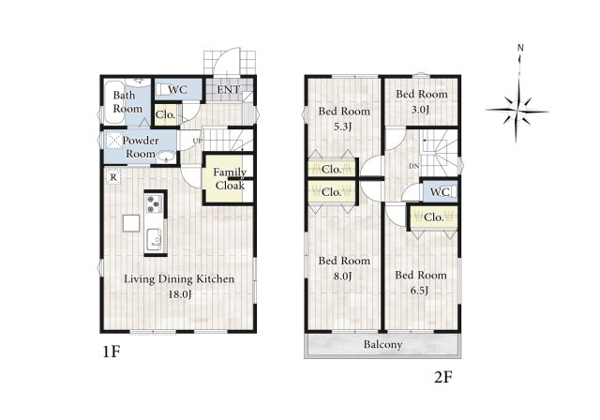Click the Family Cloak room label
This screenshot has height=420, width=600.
230,179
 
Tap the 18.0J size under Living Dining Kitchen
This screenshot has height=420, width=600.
180,294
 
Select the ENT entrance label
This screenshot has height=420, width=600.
229,90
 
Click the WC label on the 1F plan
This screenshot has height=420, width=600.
178,90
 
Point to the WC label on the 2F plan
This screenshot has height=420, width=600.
440,191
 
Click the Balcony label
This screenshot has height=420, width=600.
382,345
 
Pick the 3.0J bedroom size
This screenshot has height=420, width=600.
420,111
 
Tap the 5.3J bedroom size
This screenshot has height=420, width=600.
342,127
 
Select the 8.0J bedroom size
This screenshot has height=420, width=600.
342,276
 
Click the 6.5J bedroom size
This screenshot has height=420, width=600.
419,291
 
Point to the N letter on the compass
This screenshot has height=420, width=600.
520,48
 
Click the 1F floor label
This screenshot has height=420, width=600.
112,352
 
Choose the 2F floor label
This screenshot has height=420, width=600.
443,378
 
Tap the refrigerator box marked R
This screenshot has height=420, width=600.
113,177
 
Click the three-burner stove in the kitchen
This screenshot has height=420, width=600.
154,203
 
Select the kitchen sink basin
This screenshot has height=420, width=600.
154,239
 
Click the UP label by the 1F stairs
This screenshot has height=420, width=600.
198,141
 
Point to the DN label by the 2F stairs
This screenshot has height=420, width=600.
414,166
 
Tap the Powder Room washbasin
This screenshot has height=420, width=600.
167,157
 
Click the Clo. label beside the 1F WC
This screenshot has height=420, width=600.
166,114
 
